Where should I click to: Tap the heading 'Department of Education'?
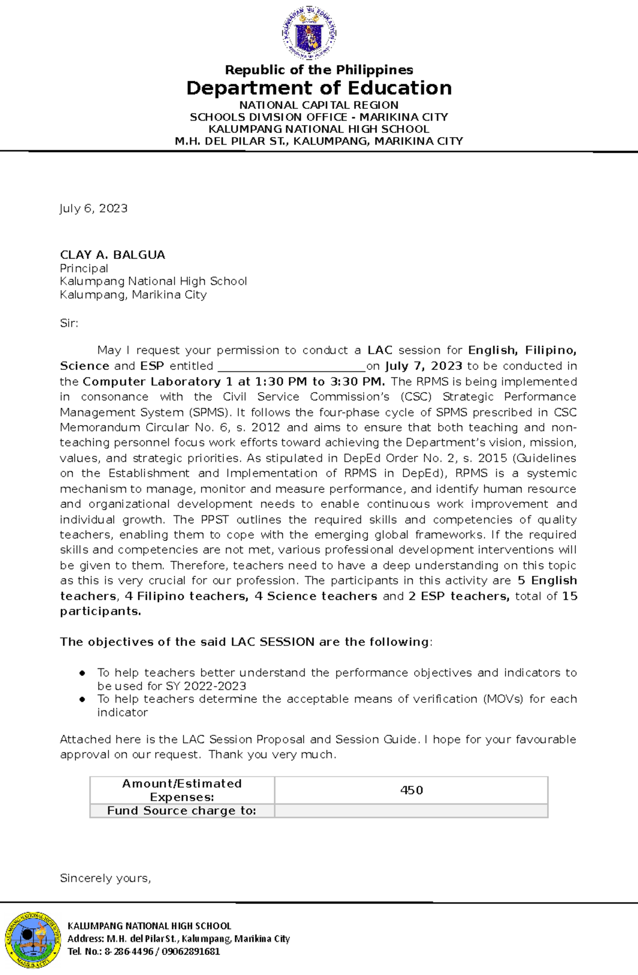[x=319, y=88]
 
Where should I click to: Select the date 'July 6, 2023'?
[x=94, y=208]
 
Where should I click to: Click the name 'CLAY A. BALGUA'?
[x=113, y=255]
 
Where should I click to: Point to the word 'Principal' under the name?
[x=84, y=268]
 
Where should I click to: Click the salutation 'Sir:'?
[x=69, y=323]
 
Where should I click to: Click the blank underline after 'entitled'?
[x=291, y=367]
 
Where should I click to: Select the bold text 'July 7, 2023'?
[x=423, y=366]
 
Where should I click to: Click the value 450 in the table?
[x=412, y=790]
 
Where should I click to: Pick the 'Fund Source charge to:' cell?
[x=182, y=811]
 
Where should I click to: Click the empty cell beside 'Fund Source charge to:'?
[x=411, y=811]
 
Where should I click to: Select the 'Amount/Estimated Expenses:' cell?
[x=182, y=790]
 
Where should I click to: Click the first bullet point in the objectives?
[x=82, y=673]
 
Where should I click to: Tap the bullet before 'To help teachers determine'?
[x=82, y=699]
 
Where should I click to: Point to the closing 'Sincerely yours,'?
[x=105, y=878]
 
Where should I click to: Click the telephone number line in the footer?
[x=144, y=951]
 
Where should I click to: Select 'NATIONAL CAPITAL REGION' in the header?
[x=319, y=105]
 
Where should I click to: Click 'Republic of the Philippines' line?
[x=319, y=70]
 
